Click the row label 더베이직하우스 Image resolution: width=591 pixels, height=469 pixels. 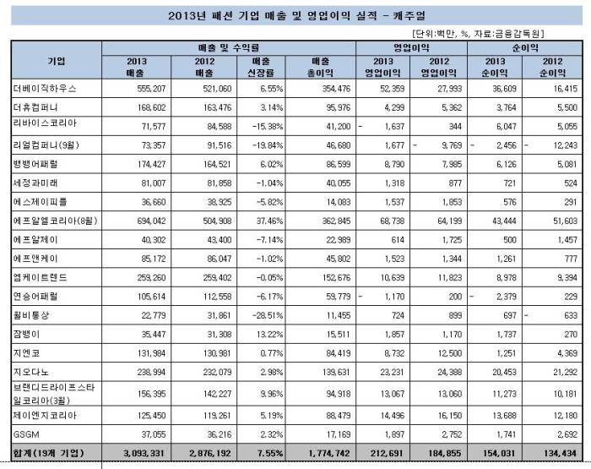(42, 88)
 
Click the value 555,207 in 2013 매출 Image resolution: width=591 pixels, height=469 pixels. (143, 88)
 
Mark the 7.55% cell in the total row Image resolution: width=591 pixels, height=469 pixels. (263, 453)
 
